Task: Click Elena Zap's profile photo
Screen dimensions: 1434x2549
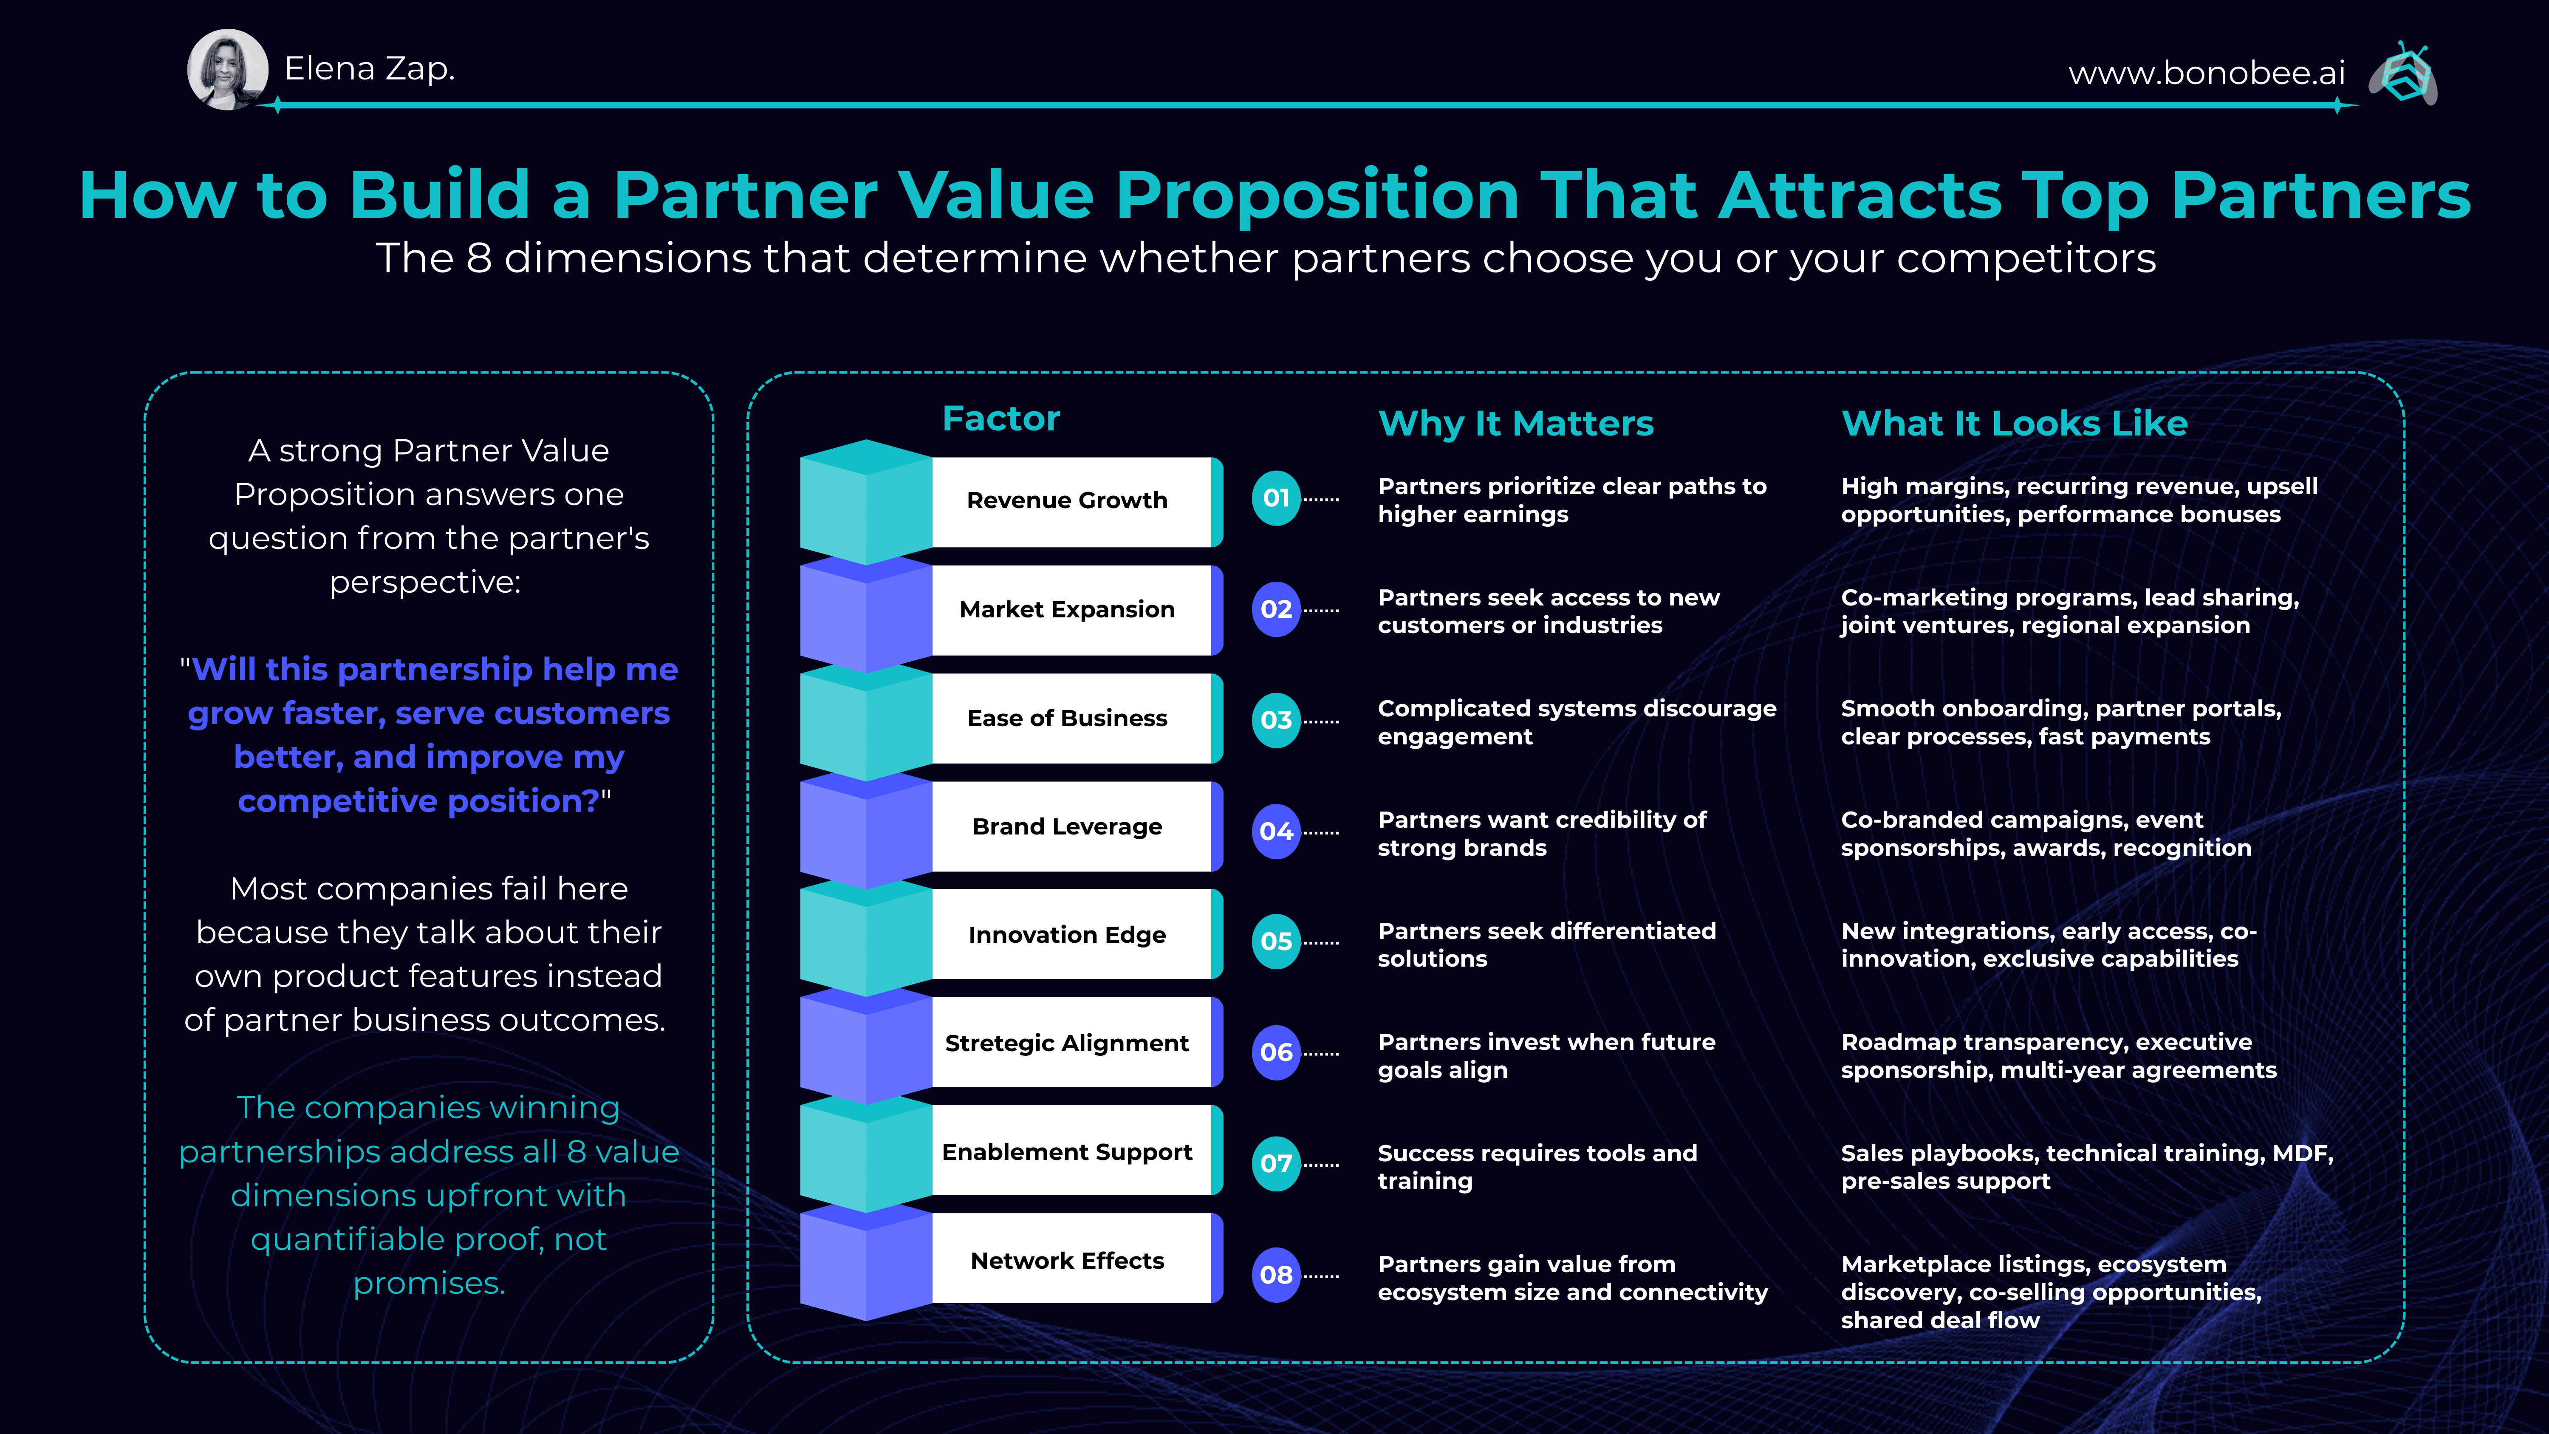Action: (x=228, y=69)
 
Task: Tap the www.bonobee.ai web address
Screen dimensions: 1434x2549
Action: (x=2207, y=72)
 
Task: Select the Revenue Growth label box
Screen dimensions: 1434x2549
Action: (x=1069, y=501)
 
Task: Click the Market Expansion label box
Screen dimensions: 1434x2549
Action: (x=1069, y=610)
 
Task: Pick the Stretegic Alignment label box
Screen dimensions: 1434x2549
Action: (x=1069, y=1043)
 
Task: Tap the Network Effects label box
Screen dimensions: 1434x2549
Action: (x=1069, y=1260)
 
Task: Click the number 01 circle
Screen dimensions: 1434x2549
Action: (x=1275, y=498)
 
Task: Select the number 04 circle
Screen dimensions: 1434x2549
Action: (x=1275, y=832)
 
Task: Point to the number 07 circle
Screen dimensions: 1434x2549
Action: (x=1275, y=1164)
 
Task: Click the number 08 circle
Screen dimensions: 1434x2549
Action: (x=1275, y=1275)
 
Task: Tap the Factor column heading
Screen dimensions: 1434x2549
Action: (x=1000, y=419)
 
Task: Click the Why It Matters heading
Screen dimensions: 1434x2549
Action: (x=1515, y=424)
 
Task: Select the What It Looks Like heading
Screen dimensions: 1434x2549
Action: (x=2014, y=424)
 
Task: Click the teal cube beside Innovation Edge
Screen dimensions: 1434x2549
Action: (x=864, y=940)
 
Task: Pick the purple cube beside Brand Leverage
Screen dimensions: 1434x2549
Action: (x=864, y=832)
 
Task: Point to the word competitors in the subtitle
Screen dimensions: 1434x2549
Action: (x=2026, y=258)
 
